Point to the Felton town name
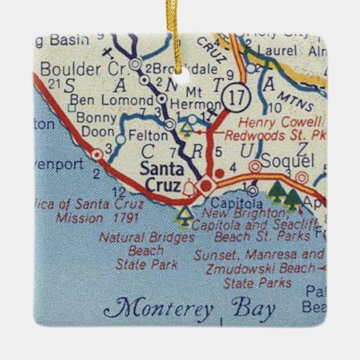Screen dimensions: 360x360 coord(143,139)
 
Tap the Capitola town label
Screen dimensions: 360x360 coord(236,202)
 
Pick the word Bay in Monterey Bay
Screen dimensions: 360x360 coord(253,310)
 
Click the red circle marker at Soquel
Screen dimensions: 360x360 coord(255,166)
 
